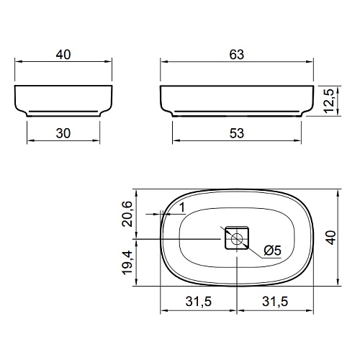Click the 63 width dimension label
point(237,55)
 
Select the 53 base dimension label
point(237,133)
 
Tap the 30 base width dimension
point(63,133)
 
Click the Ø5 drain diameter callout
point(272,251)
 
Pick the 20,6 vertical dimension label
point(127,214)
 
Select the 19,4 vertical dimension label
point(127,263)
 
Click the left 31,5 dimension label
point(199,302)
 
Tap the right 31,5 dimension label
point(275,302)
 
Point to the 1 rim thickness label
point(183,207)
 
